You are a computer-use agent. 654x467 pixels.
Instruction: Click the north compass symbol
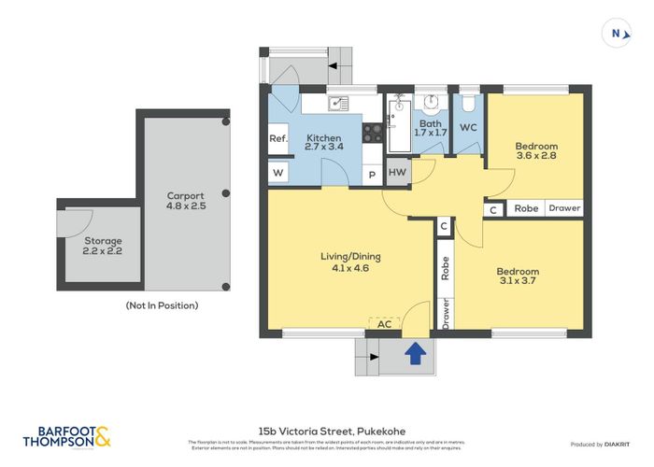click(x=617, y=34)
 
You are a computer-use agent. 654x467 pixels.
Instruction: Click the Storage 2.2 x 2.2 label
click(x=103, y=246)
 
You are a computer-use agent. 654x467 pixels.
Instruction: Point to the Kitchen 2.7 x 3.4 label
click(x=325, y=143)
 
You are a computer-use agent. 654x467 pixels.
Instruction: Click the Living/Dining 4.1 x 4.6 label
click(x=350, y=262)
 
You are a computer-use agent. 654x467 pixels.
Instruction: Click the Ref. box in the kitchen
click(x=277, y=139)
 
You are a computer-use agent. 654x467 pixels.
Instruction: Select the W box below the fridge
click(x=277, y=174)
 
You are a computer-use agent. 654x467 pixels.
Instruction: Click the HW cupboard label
click(x=396, y=173)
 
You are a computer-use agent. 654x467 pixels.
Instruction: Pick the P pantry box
click(x=372, y=175)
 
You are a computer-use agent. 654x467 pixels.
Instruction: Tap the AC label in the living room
click(x=384, y=324)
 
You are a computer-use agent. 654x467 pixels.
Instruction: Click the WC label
click(x=468, y=127)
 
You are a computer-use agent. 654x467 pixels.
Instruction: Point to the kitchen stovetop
click(x=372, y=133)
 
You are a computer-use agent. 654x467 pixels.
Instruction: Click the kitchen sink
click(x=337, y=103)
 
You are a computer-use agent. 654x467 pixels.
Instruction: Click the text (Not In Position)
click(x=162, y=305)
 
